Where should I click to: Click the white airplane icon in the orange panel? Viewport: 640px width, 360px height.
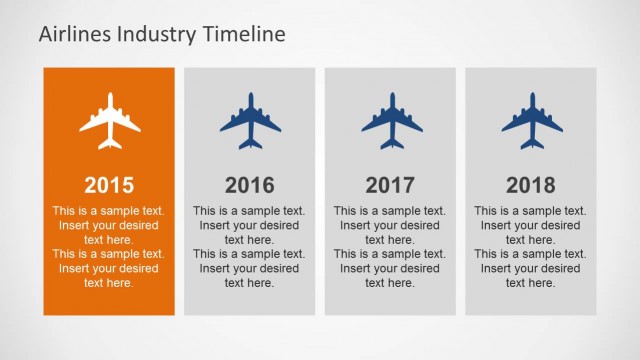(109, 121)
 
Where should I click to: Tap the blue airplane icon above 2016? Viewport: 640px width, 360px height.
(250, 121)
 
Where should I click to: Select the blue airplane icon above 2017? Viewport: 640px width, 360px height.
(391, 121)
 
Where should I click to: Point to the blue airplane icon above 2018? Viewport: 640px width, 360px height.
(531, 121)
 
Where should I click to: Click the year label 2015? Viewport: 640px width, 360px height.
(109, 184)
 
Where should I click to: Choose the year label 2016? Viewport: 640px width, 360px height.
(250, 184)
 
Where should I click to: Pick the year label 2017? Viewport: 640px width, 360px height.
(391, 184)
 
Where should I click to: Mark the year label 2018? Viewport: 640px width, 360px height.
(531, 184)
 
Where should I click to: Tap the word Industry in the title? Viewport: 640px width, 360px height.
(151, 34)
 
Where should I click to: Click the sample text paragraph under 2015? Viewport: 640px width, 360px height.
(109, 247)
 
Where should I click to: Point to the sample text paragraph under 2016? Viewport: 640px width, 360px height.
(250, 247)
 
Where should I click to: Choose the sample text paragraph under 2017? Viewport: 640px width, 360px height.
(391, 247)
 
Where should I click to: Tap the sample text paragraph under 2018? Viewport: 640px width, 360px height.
(531, 247)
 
